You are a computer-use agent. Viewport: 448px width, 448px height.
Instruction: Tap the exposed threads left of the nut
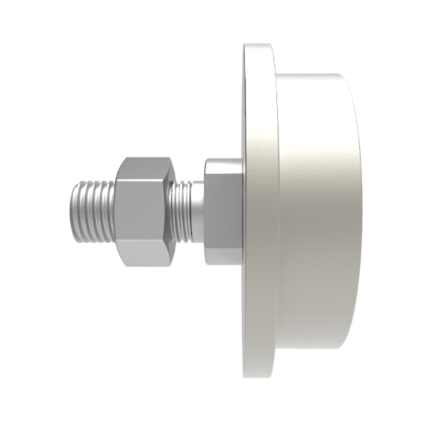click(93, 212)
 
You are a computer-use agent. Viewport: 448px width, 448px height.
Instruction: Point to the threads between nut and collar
click(181, 212)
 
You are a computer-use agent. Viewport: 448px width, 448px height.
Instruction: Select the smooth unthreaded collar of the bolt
click(197, 212)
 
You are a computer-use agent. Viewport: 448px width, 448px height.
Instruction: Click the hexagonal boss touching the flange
click(223, 212)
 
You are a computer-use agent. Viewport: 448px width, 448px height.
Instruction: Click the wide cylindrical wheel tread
click(317, 211)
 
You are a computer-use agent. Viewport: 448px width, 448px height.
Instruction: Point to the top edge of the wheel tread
click(314, 75)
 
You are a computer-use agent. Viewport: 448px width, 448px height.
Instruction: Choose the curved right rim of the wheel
click(358, 211)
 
